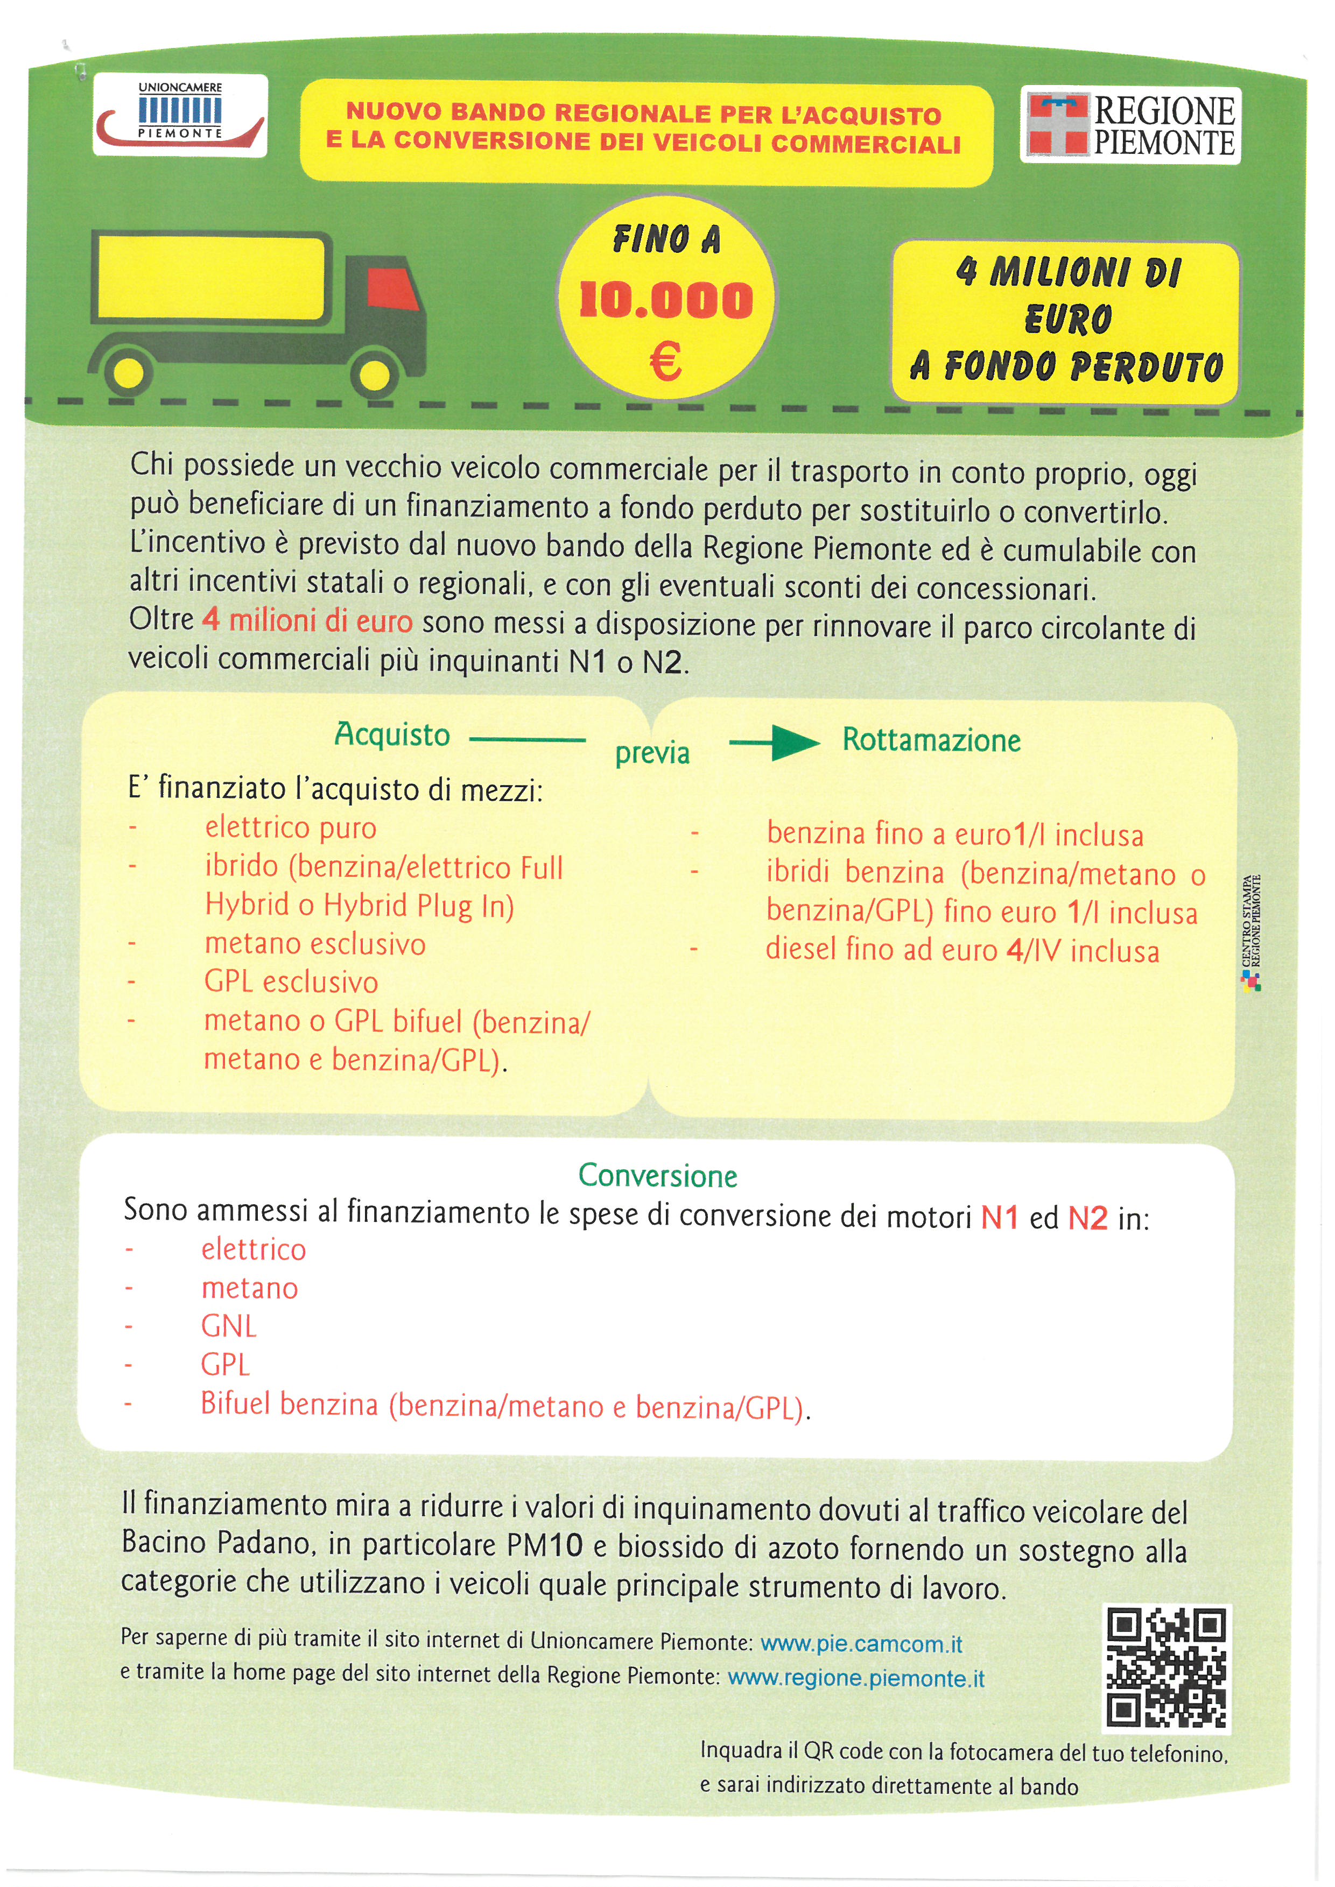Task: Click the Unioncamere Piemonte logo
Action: click(x=180, y=115)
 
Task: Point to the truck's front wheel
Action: click(x=375, y=372)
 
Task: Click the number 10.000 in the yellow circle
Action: click(x=666, y=300)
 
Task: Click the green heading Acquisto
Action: click(x=392, y=734)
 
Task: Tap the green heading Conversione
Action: click(x=658, y=1175)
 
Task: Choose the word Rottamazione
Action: click(x=931, y=740)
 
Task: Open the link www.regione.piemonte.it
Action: click(x=856, y=1678)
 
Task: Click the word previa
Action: click(x=653, y=753)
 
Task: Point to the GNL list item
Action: click(x=229, y=1326)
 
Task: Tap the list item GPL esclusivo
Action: click(x=291, y=982)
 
